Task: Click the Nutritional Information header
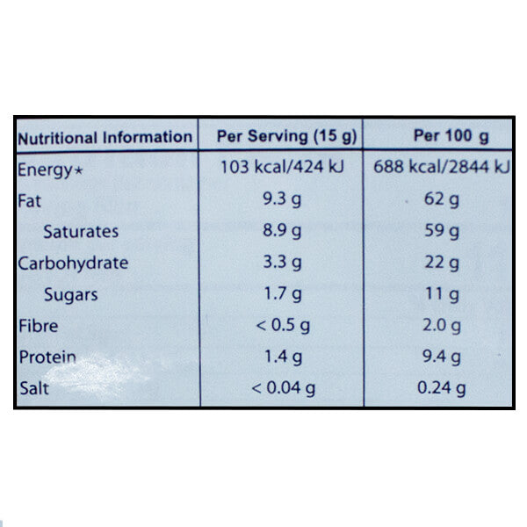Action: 105,137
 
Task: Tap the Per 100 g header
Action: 439,136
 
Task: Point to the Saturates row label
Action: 80,231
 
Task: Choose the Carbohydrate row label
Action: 73,263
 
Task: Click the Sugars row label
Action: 70,294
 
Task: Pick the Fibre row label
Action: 38,326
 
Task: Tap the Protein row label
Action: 47,357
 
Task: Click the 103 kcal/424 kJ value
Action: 281,168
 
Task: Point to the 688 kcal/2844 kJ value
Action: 442,168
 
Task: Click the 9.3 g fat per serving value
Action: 281,200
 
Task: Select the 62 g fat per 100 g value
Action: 442,200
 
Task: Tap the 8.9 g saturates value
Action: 281,231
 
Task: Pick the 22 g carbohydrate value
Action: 442,263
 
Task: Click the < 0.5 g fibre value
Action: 281,326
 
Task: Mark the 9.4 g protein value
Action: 442,357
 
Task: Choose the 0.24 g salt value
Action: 442,388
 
